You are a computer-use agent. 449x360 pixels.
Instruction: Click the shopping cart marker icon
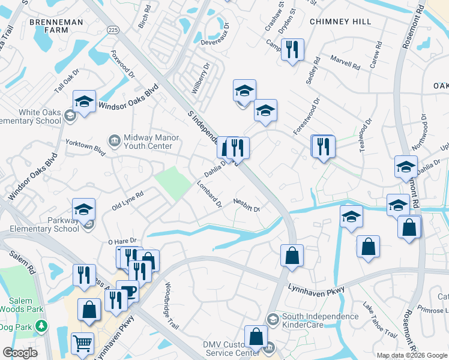[82, 343]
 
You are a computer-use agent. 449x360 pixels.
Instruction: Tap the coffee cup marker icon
[127, 291]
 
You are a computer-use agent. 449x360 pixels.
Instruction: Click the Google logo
[20, 352]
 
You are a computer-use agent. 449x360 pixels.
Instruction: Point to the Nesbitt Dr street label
[246, 206]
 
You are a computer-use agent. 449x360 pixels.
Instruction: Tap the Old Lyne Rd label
[128, 202]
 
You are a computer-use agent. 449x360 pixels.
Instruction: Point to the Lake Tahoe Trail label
[379, 325]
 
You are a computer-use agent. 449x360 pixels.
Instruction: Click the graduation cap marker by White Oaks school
[84, 101]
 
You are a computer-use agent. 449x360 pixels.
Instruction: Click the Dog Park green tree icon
[41, 326]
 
